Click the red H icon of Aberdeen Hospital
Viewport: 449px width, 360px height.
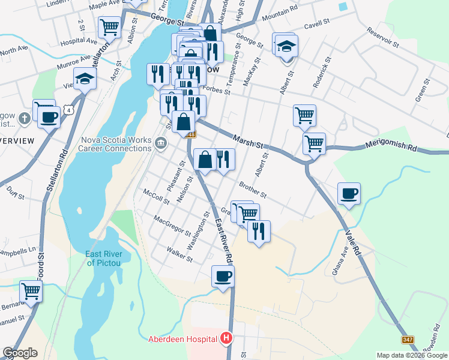click(226, 339)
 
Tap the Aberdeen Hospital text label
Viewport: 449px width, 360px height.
click(182, 339)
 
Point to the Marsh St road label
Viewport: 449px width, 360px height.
click(249, 140)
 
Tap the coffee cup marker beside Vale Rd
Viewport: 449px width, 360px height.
click(349, 194)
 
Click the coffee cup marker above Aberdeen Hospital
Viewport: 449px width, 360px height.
click(223, 277)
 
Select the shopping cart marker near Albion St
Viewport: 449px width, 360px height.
click(109, 26)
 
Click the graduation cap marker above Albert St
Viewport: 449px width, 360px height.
click(286, 46)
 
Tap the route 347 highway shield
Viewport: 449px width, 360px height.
click(408, 340)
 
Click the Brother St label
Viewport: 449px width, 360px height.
click(253, 188)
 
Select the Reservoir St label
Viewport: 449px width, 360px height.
click(382, 38)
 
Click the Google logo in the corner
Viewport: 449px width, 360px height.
click(20, 353)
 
